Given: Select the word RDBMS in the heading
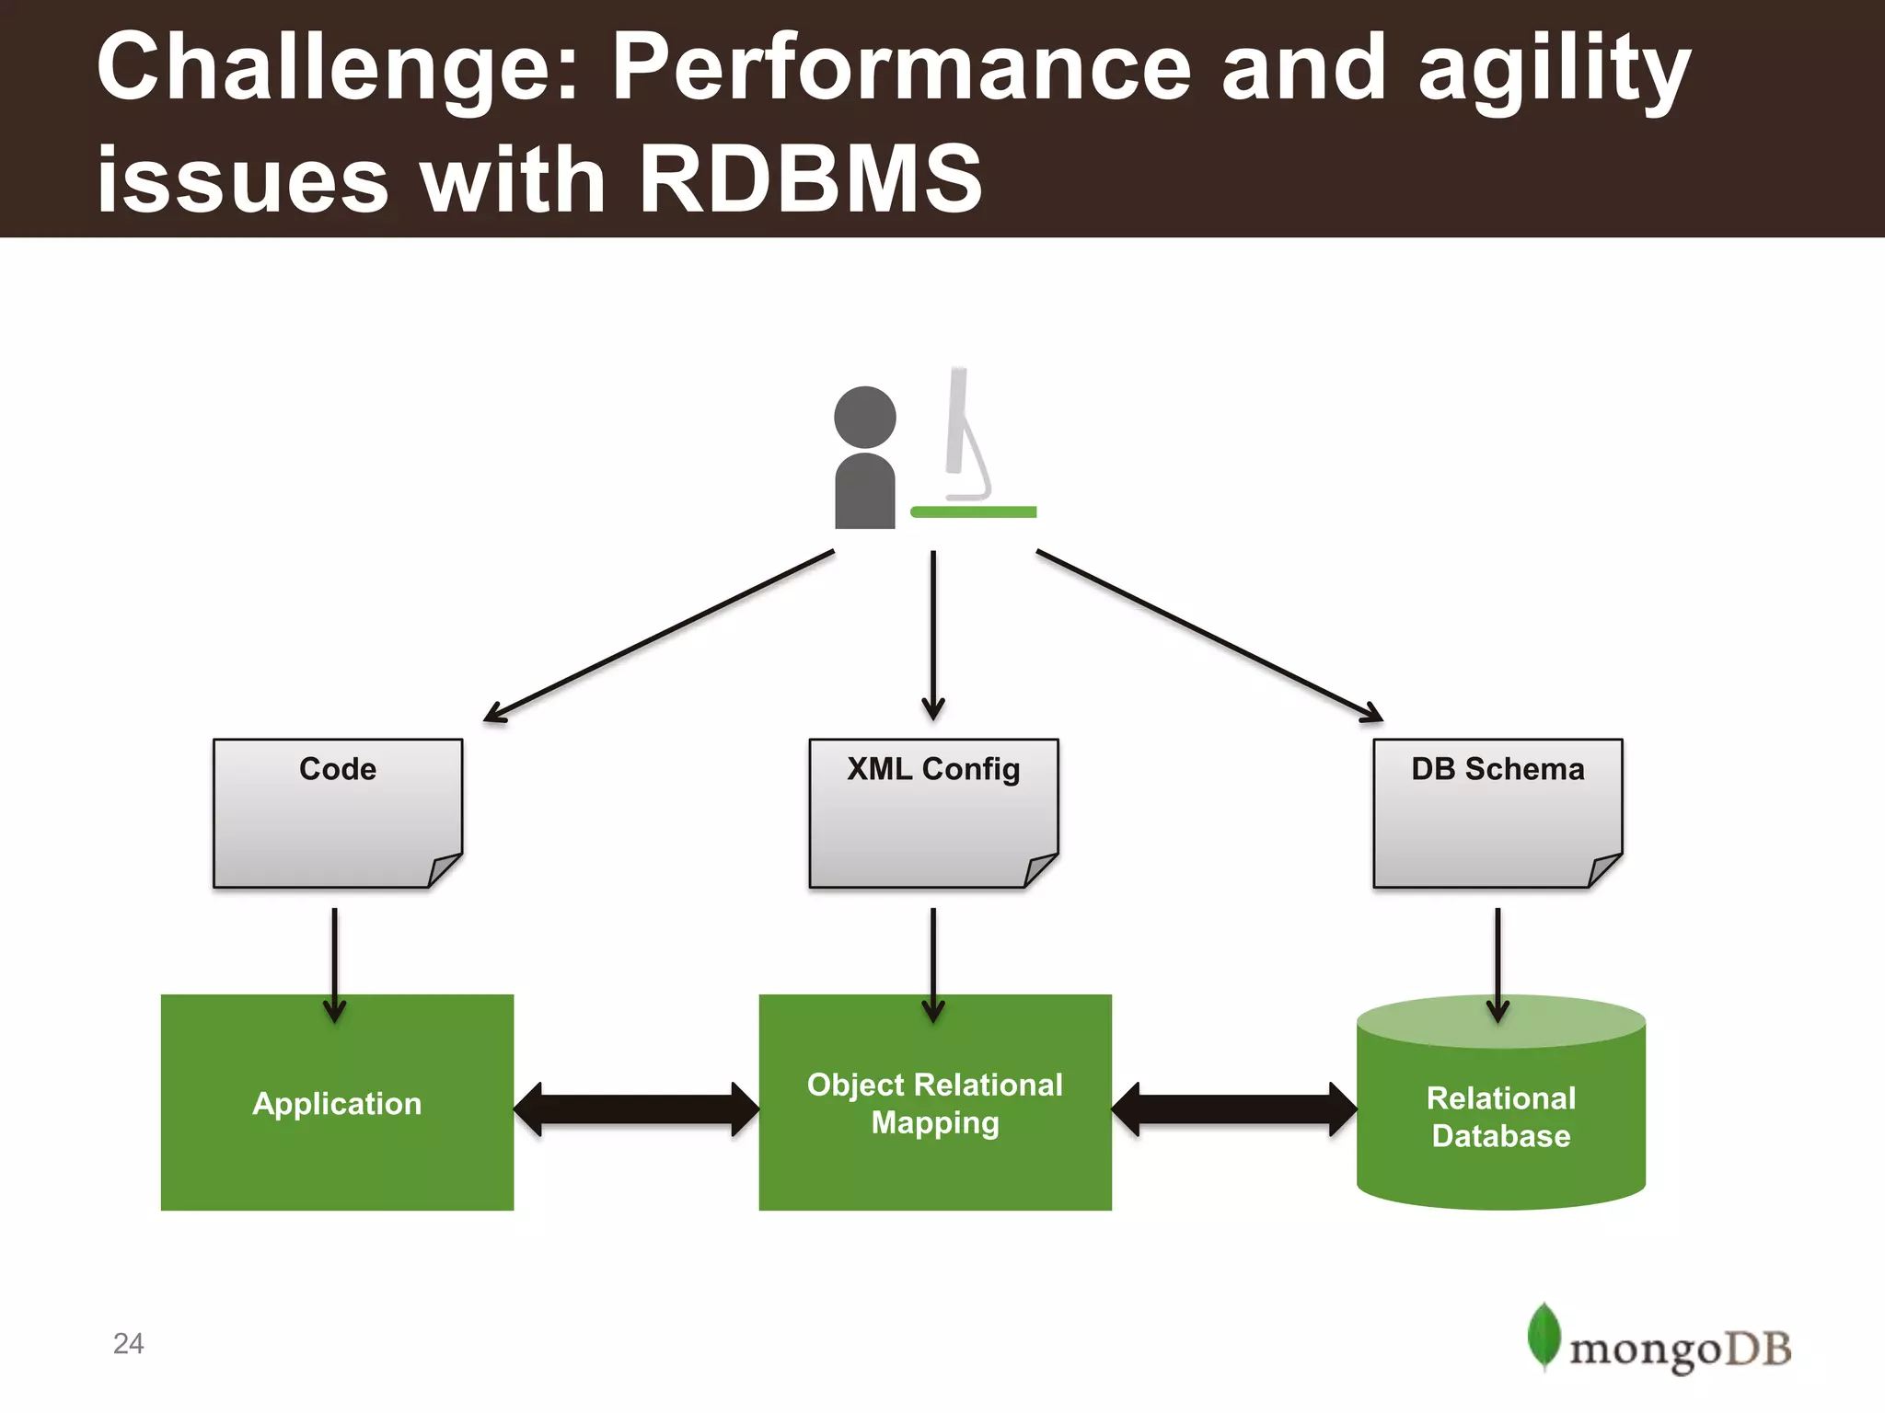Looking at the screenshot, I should (810, 178).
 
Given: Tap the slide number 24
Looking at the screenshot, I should (128, 1343).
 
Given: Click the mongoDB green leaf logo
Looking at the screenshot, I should (1544, 1334).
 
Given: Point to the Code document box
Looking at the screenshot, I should (337, 813).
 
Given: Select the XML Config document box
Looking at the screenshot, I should (932, 813).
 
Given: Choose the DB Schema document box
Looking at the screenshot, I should (1497, 813).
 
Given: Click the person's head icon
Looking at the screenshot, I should (864, 417).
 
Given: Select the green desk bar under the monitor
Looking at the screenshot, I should (973, 511).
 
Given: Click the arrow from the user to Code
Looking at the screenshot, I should (658, 636).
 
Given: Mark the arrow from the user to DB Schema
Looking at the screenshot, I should (1209, 636).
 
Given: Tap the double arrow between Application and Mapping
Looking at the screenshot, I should (636, 1109).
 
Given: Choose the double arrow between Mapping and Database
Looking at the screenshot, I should (1233, 1109).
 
